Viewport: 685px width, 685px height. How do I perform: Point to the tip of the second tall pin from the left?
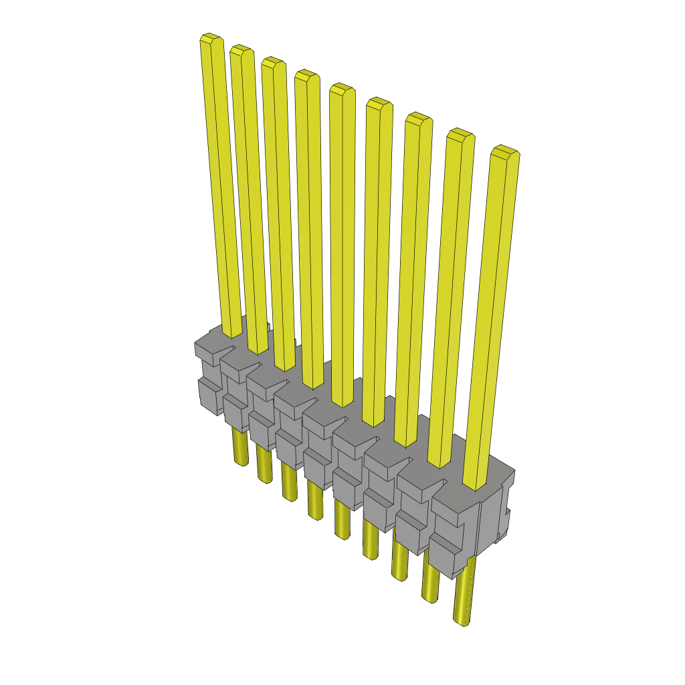click(x=241, y=50)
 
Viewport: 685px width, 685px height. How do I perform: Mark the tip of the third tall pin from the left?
click(x=272, y=62)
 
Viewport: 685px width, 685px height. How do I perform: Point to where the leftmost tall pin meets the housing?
click(x=232, y=332)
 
